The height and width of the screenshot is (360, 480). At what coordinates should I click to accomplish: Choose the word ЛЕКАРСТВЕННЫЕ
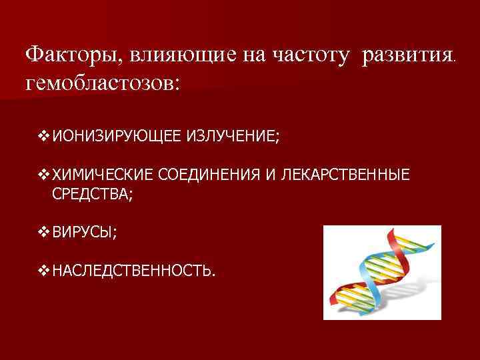tap(347, 175)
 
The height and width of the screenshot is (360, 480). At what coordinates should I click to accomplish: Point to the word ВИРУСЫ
tap(85, 233)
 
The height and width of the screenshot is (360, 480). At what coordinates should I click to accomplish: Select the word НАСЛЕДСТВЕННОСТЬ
tap(133, 271)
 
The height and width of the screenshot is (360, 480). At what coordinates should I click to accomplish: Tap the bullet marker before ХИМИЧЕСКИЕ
tap(44, 175)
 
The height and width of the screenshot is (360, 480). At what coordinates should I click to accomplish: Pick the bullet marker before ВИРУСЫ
tap(44, 233)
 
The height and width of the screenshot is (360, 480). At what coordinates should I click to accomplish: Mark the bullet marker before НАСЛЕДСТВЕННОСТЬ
tap(44, 271)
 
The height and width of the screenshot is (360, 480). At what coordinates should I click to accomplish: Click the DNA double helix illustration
tap(381, 273)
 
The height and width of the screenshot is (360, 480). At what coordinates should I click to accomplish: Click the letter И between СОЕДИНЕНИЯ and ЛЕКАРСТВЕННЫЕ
tap(269, 175)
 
